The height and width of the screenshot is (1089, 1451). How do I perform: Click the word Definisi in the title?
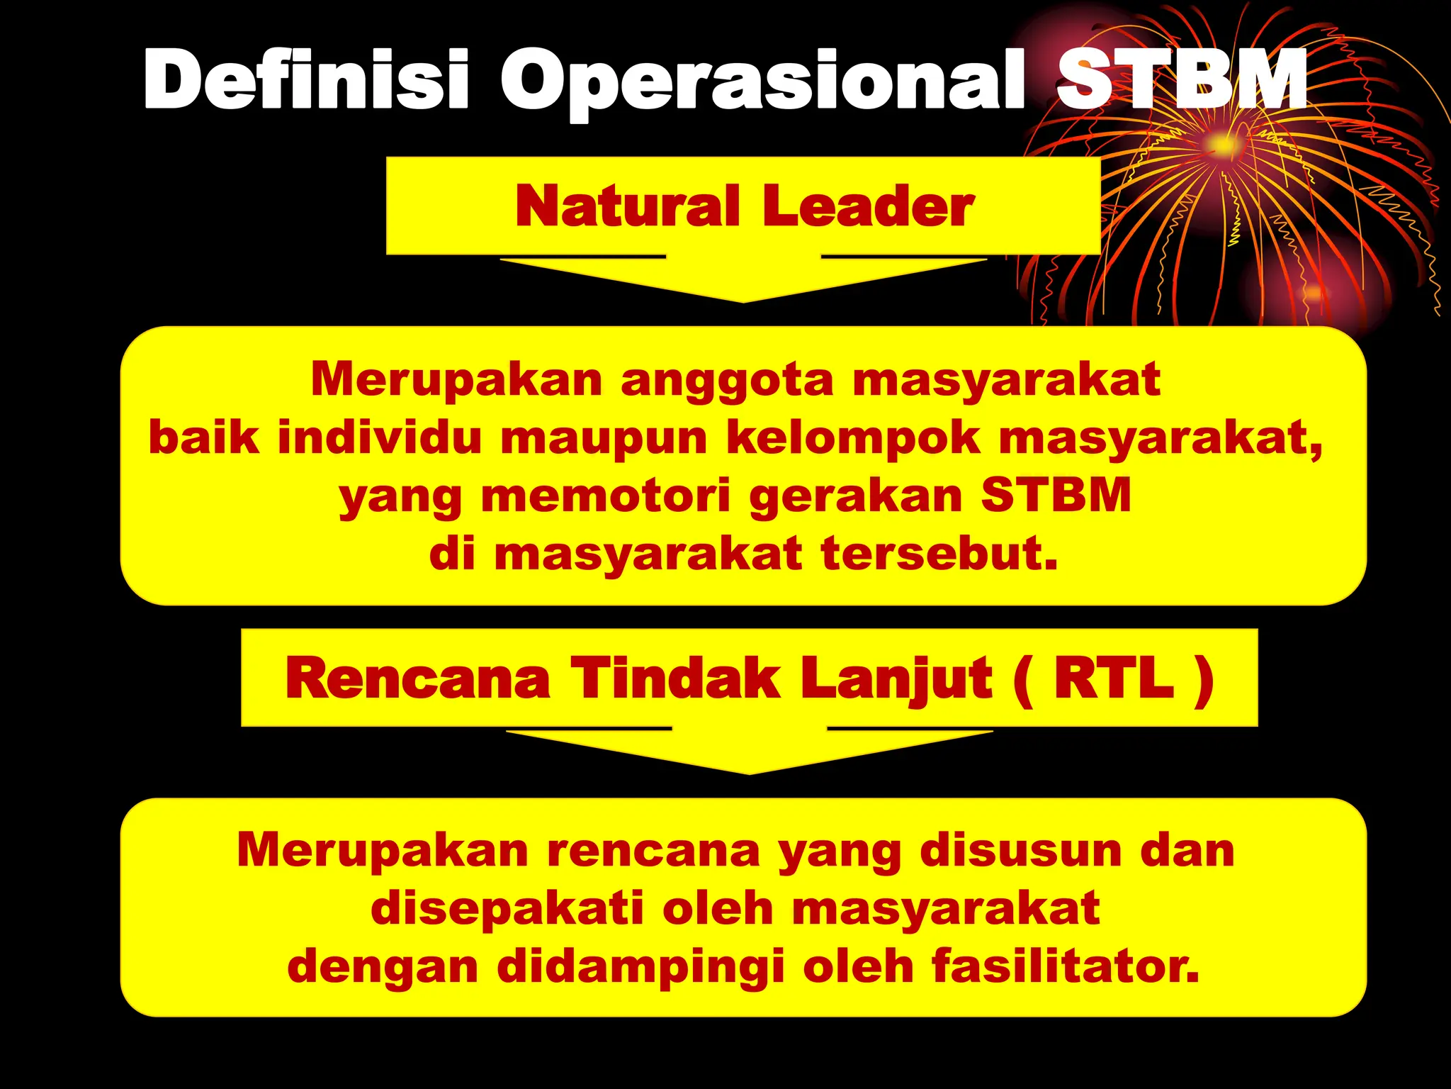[306, 79]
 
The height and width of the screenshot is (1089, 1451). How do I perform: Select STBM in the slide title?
[1181, 79]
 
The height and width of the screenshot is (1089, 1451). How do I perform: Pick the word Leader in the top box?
[868, 206]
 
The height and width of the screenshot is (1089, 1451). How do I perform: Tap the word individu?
[379, 437]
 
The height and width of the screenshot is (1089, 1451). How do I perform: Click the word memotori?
[606, 496]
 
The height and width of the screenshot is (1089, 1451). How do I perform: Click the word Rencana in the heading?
[418, 678]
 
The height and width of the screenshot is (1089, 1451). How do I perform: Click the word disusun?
[1020, 850]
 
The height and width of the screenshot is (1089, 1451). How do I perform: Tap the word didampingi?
[640, 968]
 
